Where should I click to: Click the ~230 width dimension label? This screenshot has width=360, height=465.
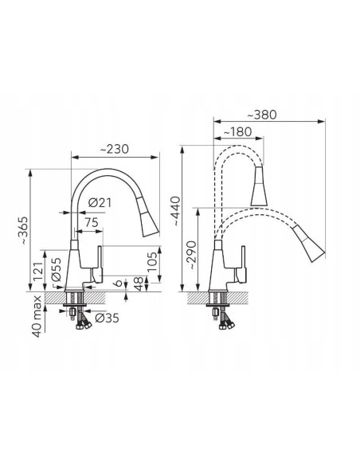click(115, 149)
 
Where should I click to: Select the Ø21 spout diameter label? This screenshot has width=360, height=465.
click(100, 203)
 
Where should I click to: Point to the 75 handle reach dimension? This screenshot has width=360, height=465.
click(91, 222)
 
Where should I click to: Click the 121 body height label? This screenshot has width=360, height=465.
click(38, 272)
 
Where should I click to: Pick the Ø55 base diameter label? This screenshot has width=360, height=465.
click(56, 269)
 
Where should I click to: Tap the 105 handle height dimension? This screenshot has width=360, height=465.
click(152, 261)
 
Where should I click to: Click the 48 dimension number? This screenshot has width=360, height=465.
click(139, 283)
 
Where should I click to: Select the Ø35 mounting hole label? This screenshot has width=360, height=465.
click(107, 318)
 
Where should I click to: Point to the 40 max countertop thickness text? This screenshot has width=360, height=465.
click(37, 316)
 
